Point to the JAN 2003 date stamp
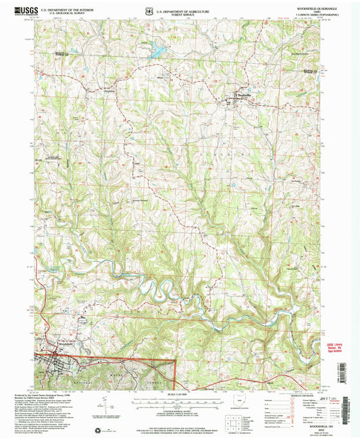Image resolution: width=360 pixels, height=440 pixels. [x=336, y=400]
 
